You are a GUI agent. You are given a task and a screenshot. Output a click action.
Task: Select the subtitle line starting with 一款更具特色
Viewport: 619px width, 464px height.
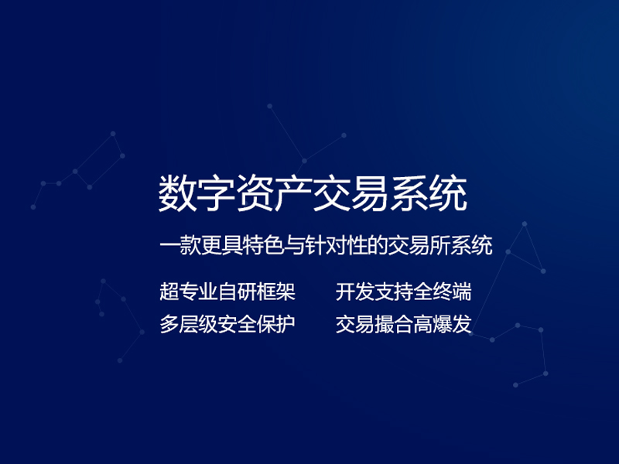coord(325,246)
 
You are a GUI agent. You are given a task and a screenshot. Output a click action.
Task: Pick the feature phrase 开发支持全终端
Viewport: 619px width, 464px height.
coord(403,292)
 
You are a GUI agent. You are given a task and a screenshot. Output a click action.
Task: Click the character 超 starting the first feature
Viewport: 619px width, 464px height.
coord(169,292)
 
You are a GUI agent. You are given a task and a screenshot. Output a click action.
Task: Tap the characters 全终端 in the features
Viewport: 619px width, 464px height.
coord(442,292)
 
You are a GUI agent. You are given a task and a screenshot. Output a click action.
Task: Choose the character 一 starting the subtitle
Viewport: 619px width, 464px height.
coord(168,246)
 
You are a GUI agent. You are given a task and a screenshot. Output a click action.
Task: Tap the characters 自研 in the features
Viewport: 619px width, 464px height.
coord(237,292)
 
